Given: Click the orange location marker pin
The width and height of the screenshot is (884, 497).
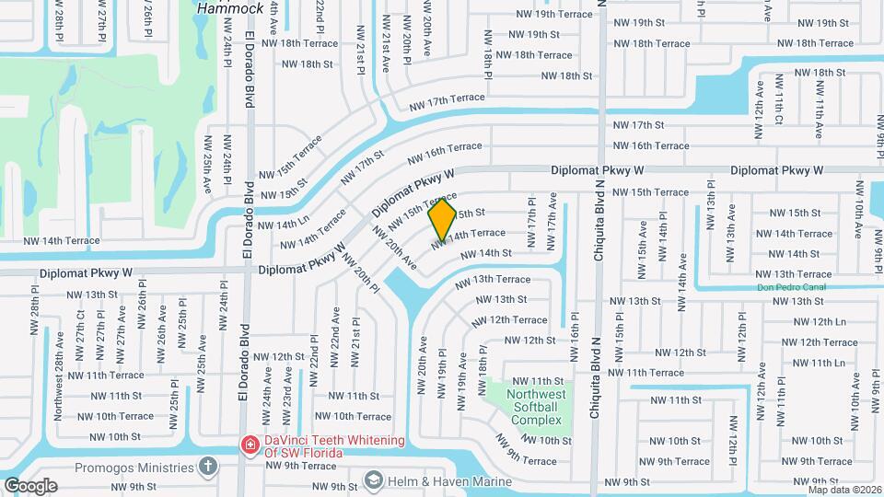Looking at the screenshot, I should pyautogui.click(x=442, y=218).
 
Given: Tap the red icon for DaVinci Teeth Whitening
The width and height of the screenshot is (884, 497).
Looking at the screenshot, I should pyautogui.click(x=249, y=445).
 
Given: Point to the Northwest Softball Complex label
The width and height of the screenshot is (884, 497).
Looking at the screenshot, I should pyautogui.click(x=534, y=407).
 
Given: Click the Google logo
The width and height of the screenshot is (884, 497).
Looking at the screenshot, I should pyautogui.click(x=30, y=485).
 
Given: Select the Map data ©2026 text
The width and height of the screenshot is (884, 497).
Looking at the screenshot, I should pyautogui.click(x=843, y=490).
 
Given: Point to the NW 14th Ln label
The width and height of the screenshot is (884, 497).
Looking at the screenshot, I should pyautogui.click(x=283, y=224).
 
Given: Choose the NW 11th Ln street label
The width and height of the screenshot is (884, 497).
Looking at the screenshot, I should pyautogui.click(x=818, y=363).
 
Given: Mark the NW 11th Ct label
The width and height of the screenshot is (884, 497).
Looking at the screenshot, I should pyautogui.click(x=778, y=107).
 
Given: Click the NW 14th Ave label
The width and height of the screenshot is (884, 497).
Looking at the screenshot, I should pyautogui.click(x=683, y=273).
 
